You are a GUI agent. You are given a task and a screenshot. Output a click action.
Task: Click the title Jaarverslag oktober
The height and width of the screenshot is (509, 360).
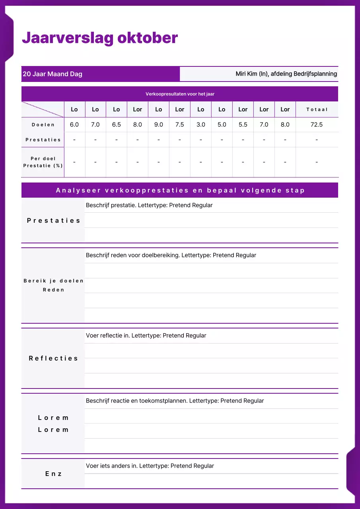(99, 38)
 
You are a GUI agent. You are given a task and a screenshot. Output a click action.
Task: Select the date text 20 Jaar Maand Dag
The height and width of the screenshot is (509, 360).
(53, 74)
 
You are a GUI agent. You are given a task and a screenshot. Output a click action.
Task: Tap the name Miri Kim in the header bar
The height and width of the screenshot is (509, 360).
(247, 74)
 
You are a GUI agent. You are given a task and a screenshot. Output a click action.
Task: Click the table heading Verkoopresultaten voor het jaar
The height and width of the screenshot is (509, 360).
(180, 94)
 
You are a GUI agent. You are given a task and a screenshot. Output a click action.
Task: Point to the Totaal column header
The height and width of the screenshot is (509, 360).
(317, 109)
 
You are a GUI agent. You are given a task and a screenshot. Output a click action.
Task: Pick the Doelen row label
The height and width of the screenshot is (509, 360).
(43, 125)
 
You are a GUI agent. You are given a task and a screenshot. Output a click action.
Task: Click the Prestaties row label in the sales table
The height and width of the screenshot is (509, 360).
(43, 140)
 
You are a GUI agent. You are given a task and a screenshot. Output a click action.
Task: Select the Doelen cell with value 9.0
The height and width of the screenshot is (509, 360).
(158, 125)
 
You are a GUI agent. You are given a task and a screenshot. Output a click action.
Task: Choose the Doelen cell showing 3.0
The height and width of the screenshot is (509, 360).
(200, 125)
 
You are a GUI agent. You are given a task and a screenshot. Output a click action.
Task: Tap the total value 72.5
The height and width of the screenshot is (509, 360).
(317, 125)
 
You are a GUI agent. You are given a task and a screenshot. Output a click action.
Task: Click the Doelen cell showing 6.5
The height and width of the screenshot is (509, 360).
(116, 125)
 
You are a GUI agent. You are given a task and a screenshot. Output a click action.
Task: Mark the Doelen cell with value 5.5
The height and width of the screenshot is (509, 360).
(243, 125)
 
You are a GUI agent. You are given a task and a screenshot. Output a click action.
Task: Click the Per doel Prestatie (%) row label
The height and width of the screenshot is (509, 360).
(43, 162)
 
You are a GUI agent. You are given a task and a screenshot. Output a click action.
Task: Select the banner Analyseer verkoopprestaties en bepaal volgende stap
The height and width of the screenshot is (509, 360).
(180, 190)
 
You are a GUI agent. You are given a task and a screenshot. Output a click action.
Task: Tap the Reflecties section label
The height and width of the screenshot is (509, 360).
(53, 358)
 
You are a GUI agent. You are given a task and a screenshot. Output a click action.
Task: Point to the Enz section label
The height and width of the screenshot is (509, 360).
(53, 474)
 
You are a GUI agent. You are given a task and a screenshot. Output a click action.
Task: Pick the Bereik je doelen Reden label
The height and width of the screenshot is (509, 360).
(53, 285)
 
